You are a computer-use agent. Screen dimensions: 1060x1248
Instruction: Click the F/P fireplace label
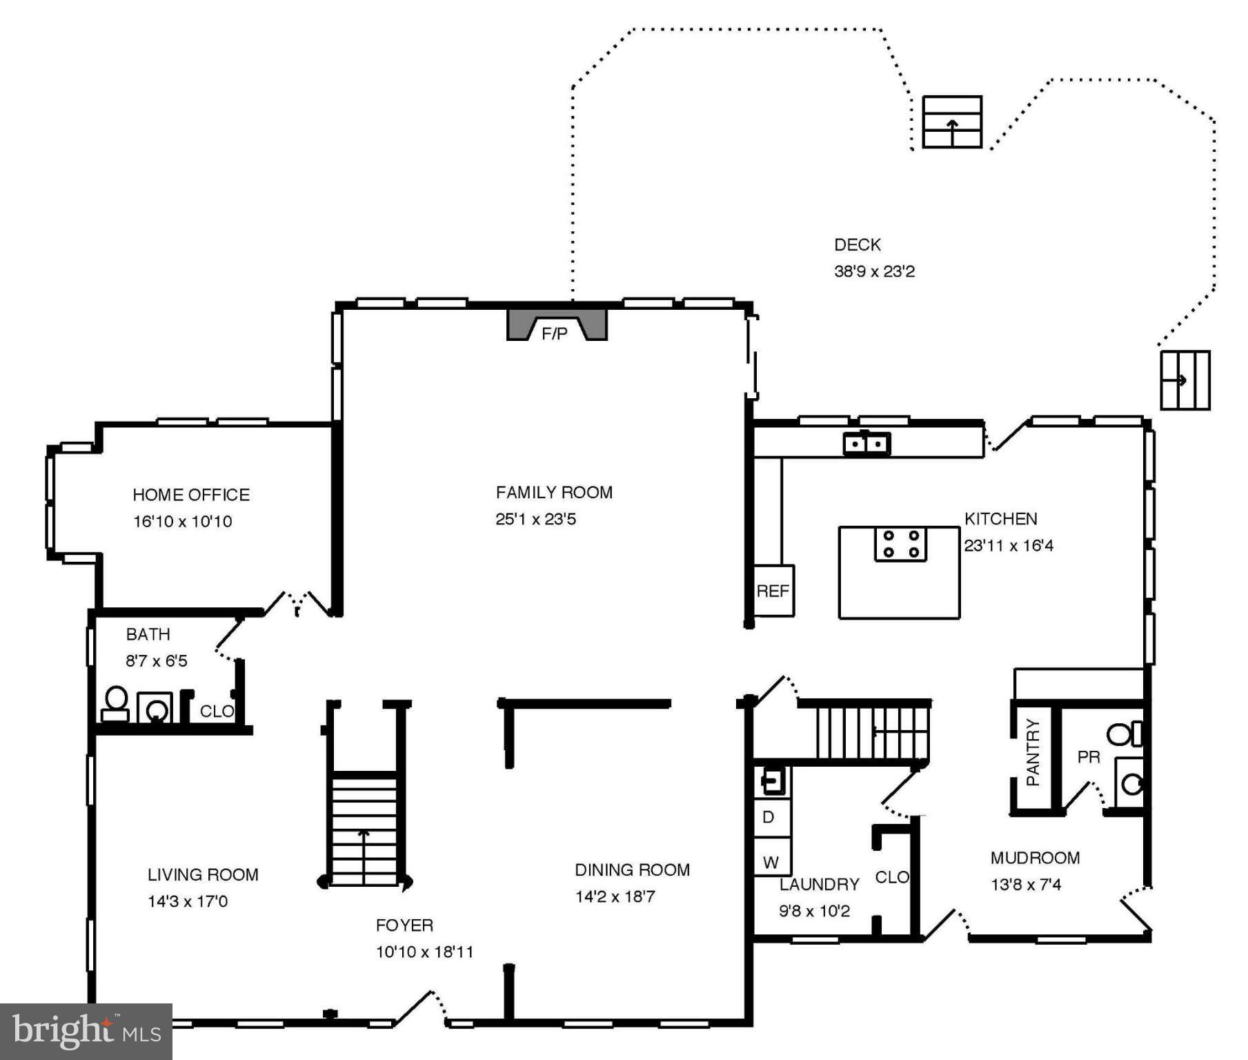point(555,334)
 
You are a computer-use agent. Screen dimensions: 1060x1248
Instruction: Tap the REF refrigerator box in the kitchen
point(773,591)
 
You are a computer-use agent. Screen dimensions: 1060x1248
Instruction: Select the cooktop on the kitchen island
point(901,544)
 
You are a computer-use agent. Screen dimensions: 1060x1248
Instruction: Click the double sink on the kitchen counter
point(866,444)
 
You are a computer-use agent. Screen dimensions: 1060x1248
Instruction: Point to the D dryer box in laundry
point(770,818)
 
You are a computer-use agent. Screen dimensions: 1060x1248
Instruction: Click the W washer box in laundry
point(771,862)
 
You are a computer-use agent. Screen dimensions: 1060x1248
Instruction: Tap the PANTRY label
point(1033,752)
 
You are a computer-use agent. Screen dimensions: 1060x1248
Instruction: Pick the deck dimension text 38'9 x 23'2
point(874,271)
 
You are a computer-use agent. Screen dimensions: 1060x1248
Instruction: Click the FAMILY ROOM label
point(554,492)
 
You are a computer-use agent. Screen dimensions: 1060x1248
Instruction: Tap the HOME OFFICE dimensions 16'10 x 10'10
point(182,522)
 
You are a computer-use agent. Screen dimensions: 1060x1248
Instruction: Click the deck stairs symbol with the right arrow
point(1185,380)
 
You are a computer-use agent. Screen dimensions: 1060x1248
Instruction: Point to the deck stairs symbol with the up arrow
point(952,122)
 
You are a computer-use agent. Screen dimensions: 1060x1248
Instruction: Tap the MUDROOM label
point(1035,858)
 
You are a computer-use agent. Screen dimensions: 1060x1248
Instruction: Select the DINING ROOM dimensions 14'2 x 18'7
point(615,896)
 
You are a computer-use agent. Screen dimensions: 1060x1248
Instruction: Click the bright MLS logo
point(86,1032)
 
